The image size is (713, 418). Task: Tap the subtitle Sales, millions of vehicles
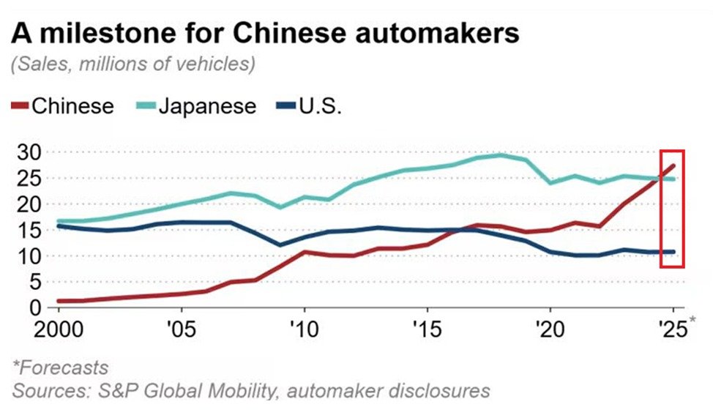132,64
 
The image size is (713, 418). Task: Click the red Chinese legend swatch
20,107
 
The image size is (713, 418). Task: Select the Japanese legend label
208,107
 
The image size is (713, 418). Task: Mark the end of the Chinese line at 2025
673,166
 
